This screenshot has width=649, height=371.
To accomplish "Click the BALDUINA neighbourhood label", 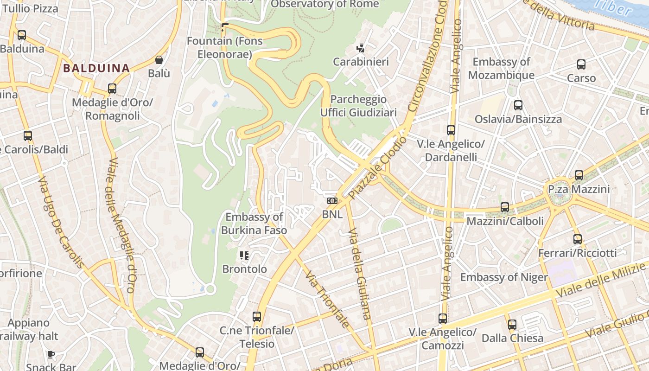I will pyautogui.click(x=96, y=68).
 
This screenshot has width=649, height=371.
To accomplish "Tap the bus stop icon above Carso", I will pyautogui.click(x=581, y=64).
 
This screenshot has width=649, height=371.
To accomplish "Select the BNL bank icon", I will pyautogui.click(x=332, y=201).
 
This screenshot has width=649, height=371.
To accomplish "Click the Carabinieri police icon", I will pyautogui.click(x=360, y=48).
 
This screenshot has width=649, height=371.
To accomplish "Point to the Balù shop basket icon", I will pyautogui.click(x=159, y=60).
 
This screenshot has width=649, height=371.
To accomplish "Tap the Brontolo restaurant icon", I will pyautogui.click(x=244, y=255).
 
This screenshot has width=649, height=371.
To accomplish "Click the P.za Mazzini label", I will pyautogui.click(x=579, y=189).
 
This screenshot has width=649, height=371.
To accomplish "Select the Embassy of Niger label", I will pyautogui.click(x=504, y=277).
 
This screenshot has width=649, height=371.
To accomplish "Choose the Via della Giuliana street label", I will pyautogui.click(x=359, y=274).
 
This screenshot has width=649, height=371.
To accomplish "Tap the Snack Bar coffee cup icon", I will pyautogui.click(x=51, y=354).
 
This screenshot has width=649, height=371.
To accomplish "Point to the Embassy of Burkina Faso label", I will pyautogui.click(x=254, y=224).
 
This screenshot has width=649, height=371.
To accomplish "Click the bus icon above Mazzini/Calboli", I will pyautogui.click(x=505, y=207).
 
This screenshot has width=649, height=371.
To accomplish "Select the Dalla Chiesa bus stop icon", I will pyautogui.click(x=512, y=325).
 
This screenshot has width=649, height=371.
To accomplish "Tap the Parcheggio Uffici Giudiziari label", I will pyautogui.click(x=358, y=106).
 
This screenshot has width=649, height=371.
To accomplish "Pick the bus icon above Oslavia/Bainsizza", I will pyautogui.click(x=518, y=105).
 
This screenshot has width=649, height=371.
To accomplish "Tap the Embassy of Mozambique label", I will pyautogui.click(x=501, y=68).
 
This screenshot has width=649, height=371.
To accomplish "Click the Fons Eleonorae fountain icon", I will pyautogui.click(x=225, y=27).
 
